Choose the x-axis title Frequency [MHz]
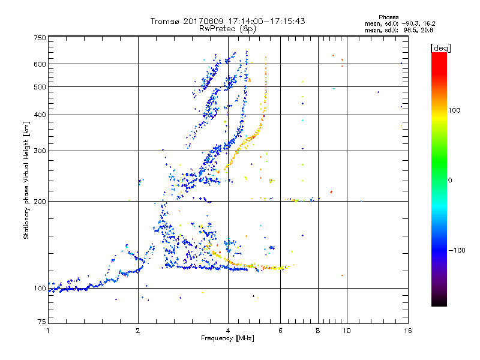tap(227, 339)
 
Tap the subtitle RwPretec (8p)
tap(227, 28)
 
